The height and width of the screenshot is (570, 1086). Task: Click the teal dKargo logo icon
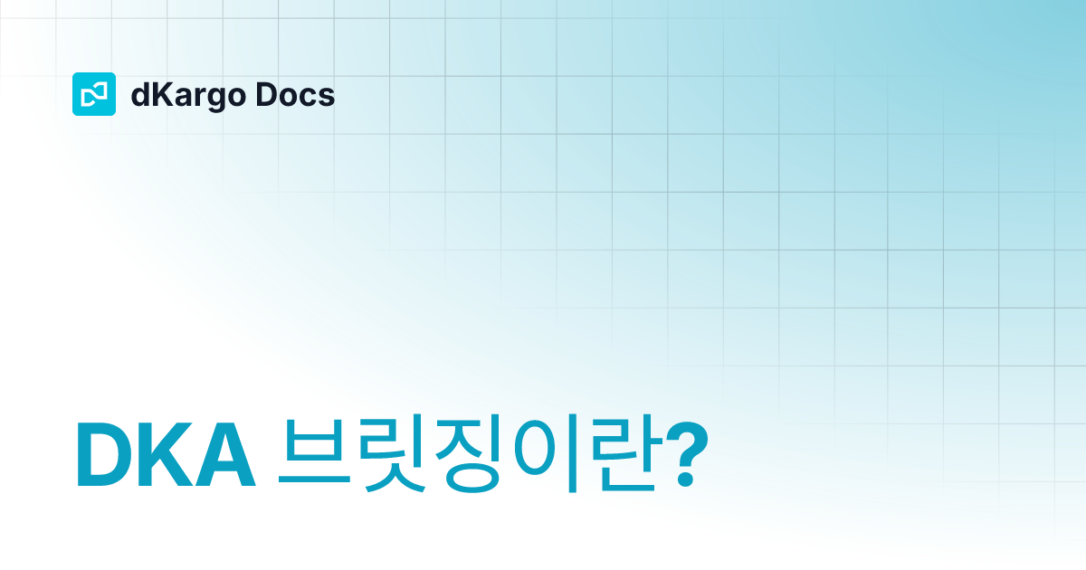(x=93, y=94)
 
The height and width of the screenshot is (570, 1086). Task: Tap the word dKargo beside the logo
(x=186, y=95)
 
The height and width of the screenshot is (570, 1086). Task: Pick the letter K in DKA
(x=165, y=455)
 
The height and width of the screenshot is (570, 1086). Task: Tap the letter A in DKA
(x=224, y=455)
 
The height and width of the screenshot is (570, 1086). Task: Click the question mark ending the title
(x=691, y=455)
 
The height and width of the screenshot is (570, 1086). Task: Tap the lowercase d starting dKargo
(x=139, y=94)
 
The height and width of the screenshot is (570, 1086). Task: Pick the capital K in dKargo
(x=158, y=94)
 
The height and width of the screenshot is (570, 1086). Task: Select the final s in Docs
(x=327, y=97)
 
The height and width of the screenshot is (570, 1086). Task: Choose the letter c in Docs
(x=310, y=97)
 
